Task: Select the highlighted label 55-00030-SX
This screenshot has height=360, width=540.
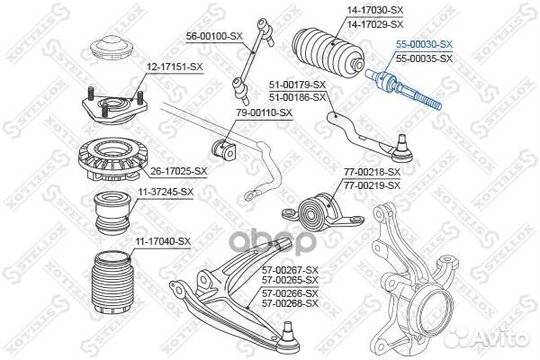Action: click(424, 43)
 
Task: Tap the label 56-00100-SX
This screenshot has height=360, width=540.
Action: click(214, 36)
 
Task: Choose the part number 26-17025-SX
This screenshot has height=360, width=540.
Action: click(179, 170)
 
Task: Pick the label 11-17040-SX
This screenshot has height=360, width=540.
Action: click(163, 241)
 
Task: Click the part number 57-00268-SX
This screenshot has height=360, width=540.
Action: click(290, 305)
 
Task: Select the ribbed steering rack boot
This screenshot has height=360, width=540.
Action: click(326, 54)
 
